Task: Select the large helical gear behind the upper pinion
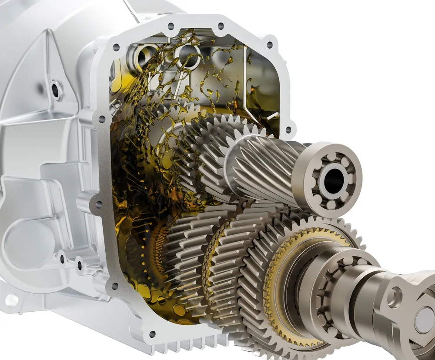coord(209,143)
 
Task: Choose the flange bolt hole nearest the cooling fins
coord(152,334)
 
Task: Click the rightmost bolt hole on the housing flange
coord(288,129)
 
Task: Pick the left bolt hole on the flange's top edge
coord(171,26)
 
